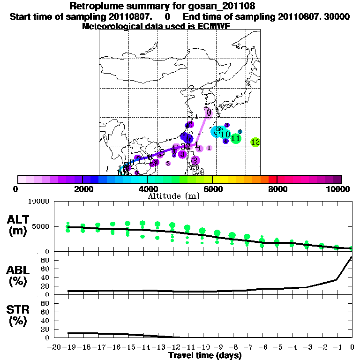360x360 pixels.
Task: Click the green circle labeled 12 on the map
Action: pyautogui.click(x=255, y=142)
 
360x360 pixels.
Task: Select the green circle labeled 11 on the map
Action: pyautogui.click(x=236, y=138)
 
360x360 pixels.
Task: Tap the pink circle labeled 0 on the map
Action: pyautogui.click(x=209, y=113)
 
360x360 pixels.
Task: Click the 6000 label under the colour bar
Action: pyautogui.click(x=212, y=189)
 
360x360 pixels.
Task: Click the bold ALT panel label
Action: pyautogui.click(x=19, y=219)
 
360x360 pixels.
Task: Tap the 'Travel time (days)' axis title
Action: pyautogui.click(x=205, y=355)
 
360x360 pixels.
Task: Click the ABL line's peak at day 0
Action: pyautogui.click(x=352, y=257)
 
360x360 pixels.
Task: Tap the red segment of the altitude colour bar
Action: pyautogui.click(x=273, y=179)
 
